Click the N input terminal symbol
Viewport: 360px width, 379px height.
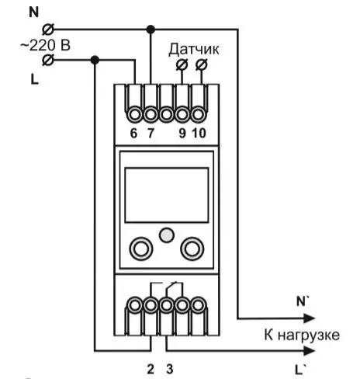point(48,30)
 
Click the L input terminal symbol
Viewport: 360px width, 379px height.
point(48,60)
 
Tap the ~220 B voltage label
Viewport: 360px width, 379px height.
point(46,45)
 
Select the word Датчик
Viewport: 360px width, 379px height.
point(194,50)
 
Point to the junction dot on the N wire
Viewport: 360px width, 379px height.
point(151,30)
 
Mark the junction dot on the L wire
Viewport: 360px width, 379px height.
point(95,60)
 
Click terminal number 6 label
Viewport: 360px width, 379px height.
point(133,133)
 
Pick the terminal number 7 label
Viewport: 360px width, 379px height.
point(151,133)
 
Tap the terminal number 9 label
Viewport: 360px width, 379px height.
point(182,133)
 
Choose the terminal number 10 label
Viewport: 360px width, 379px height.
point(199,133)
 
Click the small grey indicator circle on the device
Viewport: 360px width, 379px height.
point(167,235)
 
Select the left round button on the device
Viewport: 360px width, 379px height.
point(141,249)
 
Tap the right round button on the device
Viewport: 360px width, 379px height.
point(192,249)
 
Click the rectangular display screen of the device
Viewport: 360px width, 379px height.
point(167,195)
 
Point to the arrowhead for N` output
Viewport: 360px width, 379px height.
point(310,318)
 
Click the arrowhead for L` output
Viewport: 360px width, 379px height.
point(310,351)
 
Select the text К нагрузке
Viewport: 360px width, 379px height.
point(302,335)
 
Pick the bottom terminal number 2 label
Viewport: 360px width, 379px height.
point(151,369)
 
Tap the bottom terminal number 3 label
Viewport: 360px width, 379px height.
point(170,369)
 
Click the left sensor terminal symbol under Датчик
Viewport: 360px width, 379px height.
point(182,64)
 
